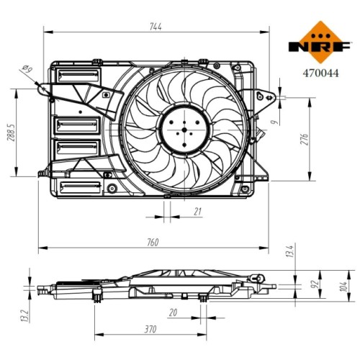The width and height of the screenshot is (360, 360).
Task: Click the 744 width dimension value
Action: click(156, 27)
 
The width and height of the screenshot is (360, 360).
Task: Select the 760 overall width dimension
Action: click(153, 243)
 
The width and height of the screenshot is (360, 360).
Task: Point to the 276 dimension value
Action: click(304, 140)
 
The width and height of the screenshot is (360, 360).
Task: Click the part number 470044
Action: click(320, 73)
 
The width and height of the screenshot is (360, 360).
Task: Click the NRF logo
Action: click(320, 42)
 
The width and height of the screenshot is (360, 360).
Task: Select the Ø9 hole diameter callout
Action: click(27, 69)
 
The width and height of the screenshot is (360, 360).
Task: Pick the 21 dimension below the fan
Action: click(197, 212)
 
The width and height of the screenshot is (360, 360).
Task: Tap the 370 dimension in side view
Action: click(150, 329)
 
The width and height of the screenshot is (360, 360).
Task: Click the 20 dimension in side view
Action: click(173, 312)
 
